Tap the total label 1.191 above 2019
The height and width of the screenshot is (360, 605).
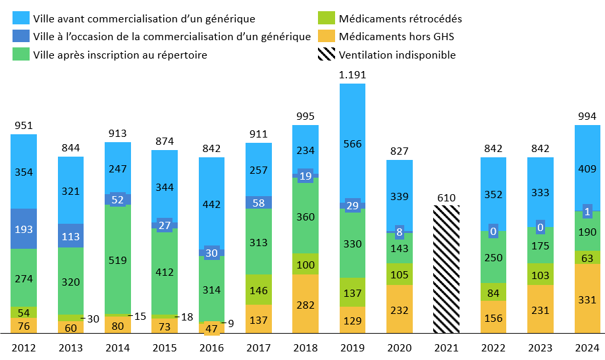click(x=352, y=75)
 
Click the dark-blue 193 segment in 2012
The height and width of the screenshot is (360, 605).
click(x=24, y=228)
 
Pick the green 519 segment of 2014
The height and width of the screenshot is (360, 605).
click(x=118, y=260)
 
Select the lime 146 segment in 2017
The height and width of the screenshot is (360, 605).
click(x=259, y=289)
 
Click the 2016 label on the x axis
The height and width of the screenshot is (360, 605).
click(x=211, y=348)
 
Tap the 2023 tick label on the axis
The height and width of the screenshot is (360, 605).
click(x=540, y=348)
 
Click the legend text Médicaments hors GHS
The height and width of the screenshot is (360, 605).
click(x=396, y=37)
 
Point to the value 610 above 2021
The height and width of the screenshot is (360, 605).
click(x=446, y=196)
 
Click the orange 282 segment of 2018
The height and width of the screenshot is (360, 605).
click(x=305, y=305)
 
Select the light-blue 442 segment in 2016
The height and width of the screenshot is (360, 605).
click(x=211, y=204)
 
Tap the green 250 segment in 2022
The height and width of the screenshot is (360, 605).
click(x=493, y=257)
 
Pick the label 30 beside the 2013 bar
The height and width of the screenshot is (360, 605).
click(x=93, y=319)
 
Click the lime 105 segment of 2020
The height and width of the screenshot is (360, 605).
click(x=400, y=274)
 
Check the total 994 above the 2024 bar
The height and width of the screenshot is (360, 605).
click(x=587, y=116)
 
